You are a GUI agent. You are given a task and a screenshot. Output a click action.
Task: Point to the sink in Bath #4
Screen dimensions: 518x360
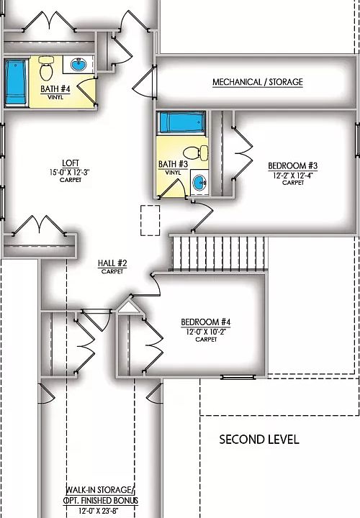click(x=78, y=66)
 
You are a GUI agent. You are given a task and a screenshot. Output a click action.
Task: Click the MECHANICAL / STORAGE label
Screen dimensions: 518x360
click(x=257, y=82)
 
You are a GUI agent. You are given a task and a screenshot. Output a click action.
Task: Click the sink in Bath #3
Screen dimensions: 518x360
click(x=199, y=181)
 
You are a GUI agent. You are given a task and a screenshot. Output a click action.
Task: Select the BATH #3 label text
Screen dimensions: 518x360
click(x=173, y=165)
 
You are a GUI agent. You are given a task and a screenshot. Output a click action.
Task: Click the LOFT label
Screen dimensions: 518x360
click(x=71, y=163)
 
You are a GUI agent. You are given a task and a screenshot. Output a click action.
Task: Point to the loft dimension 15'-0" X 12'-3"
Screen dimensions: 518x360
click(x=71, y=172)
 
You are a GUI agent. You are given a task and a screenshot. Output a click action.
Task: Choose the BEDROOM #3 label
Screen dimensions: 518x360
click(x=292, y=165)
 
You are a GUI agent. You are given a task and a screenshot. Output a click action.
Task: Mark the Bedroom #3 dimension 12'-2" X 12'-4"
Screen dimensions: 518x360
click(x=292, y=175)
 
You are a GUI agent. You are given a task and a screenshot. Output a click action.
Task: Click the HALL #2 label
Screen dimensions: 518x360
click(x=112, y=263)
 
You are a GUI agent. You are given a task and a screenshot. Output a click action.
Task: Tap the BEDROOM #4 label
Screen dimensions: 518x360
click(x=205, y=322)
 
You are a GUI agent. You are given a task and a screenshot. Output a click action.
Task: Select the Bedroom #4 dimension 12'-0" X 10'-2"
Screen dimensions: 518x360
click(x=205, y=331)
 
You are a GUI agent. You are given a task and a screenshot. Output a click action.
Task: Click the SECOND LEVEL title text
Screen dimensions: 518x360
click(x=259, y=439)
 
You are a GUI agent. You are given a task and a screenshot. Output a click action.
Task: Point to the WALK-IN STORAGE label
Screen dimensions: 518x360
click(x=101, y=490)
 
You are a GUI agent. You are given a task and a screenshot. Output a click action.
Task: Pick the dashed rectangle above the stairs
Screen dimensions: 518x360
click(x=150, y=219)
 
